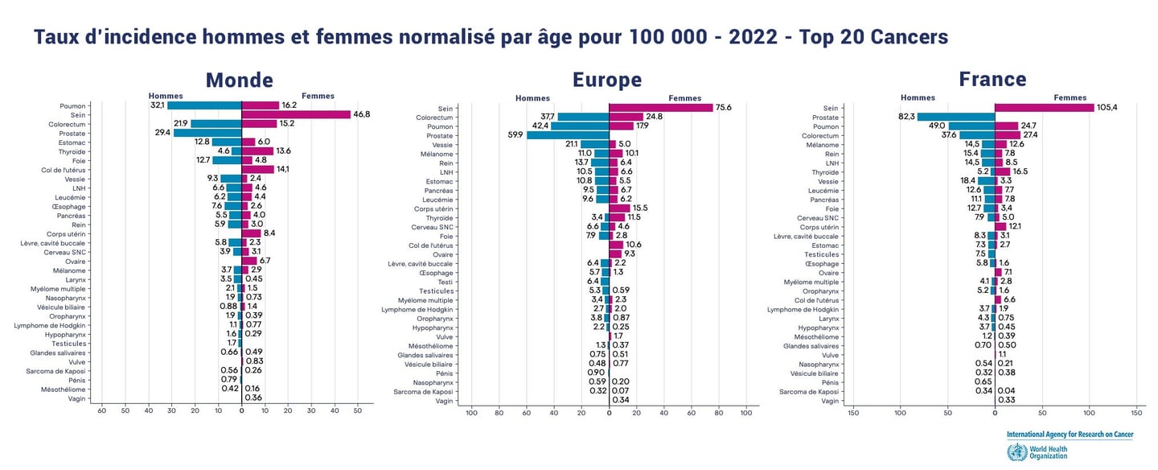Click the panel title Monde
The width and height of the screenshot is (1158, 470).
tap(239, 80)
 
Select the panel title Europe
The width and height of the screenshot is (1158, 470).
tap(606, 80)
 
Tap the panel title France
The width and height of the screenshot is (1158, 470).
tap(992, 79)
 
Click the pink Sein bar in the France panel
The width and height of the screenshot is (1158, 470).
tap(1045, 108)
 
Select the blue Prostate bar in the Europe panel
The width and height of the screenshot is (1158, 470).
tap(568, 135)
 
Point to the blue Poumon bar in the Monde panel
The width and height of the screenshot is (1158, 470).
tap(204, 105)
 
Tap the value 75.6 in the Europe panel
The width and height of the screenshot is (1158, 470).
tap(724, 108)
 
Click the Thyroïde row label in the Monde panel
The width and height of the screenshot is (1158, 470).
tap(73, 151)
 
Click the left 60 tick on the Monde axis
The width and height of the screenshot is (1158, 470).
tap(101, 410)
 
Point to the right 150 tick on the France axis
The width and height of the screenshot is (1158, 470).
tap(1136, 413)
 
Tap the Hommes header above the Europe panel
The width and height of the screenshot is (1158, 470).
tap(532, 98)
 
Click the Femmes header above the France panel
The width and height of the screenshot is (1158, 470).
tap(1070, 97)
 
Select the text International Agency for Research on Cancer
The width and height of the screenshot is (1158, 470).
tap(1070, 435)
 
